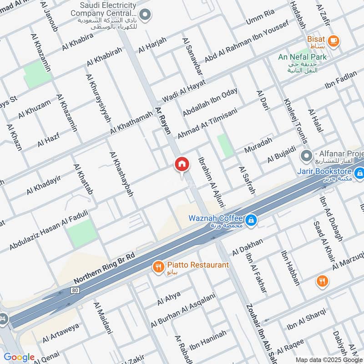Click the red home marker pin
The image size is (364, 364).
tap(182, 164)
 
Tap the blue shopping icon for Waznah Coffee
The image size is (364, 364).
tap(250, 221)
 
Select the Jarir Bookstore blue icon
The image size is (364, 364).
tap(359, 172)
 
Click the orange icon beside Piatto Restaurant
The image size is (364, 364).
tap(158, 267)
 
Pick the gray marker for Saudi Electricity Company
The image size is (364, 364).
tap(145, 15)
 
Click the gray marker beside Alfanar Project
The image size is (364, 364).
tap(307, 156)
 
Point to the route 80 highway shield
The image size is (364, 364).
tap(75, 289)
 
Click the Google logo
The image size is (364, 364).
tap(19, 357)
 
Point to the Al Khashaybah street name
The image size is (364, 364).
tap(121, 174)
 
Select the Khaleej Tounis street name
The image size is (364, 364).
tap(296, 121)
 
